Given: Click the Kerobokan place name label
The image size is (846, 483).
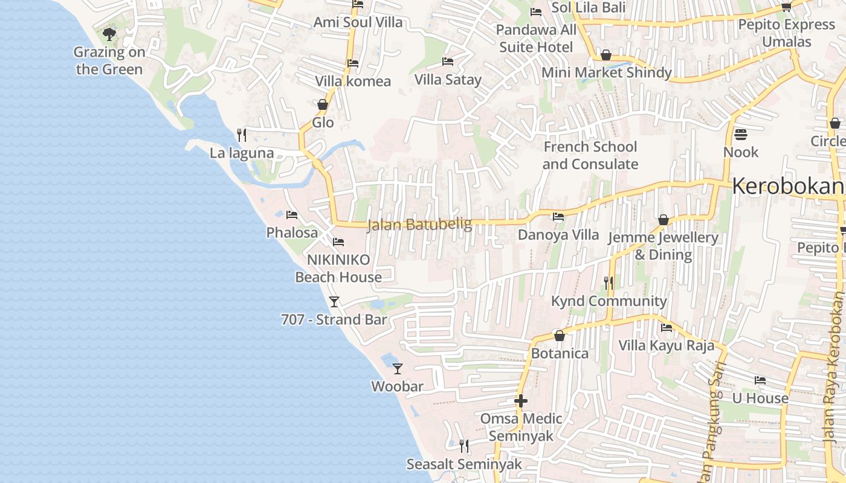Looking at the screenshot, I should click(787, 187).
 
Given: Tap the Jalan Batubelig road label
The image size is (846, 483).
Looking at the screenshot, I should click(419, 225).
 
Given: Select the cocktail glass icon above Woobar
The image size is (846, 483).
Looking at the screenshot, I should click(397, 368).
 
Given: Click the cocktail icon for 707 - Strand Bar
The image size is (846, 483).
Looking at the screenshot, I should click(334, 301).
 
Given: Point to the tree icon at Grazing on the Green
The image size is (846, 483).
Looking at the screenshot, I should click(109, 34).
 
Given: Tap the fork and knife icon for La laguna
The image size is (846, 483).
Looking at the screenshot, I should click(242, 134).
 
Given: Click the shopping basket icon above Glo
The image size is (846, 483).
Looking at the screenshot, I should click(323, 104).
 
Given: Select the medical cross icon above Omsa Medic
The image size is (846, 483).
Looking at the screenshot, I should click(520, 400).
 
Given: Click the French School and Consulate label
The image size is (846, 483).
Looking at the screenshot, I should click(590, 155).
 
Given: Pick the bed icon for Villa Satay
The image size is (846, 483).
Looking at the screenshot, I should click(448, 62).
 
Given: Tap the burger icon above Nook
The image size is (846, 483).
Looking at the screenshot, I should click(740, 133).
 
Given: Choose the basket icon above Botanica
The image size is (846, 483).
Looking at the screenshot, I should click(559, 336).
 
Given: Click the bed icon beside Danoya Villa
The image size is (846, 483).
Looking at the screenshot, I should click(558, 217).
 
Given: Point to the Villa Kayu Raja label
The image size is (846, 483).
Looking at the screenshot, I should click(666, 345).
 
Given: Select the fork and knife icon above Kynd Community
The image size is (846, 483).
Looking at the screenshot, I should click(609, 283).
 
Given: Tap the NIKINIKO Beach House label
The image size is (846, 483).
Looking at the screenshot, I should click(338, 268).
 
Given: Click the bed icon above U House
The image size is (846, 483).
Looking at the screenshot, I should click(760, 380).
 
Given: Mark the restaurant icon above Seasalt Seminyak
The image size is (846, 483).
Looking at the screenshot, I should click(463, 446).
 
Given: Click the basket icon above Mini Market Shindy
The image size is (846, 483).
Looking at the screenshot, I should click(605, 56).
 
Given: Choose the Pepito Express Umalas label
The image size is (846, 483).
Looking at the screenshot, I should click(786, 33).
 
